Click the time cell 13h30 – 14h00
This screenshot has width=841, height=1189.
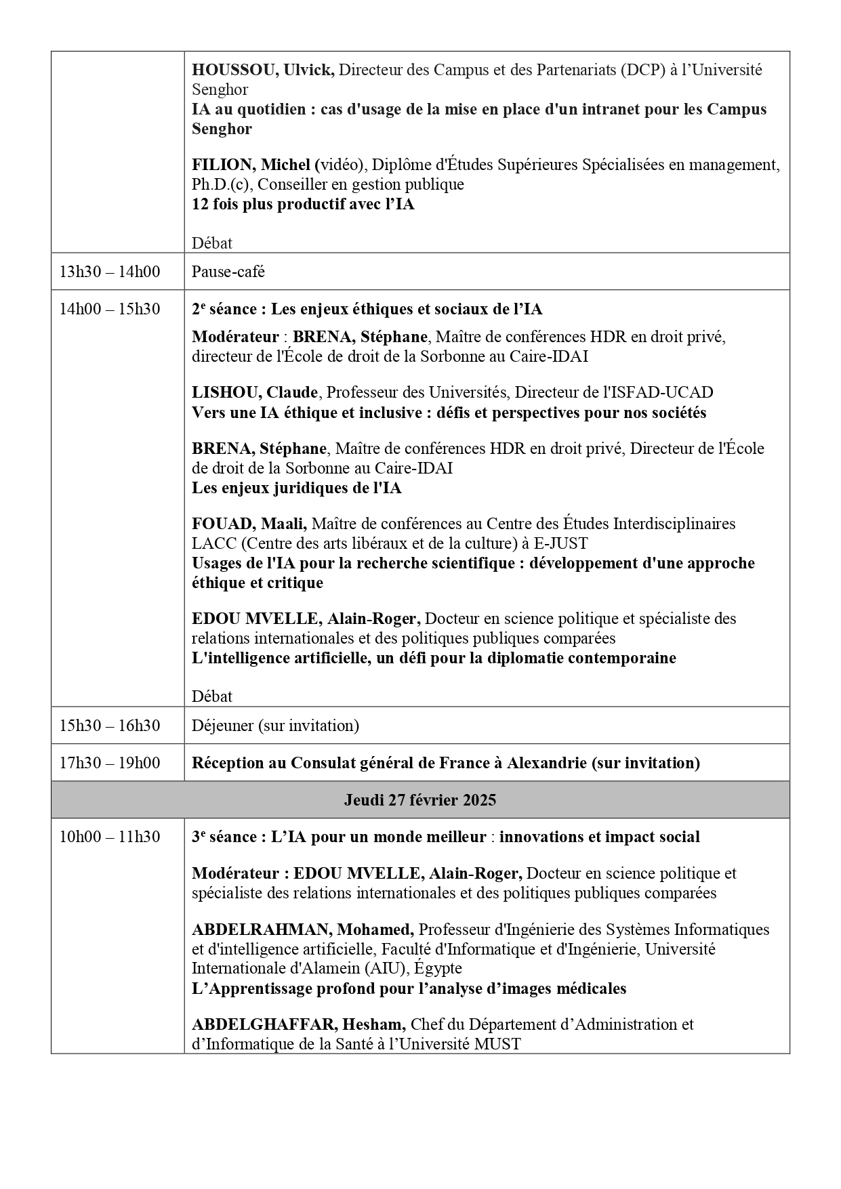[110, 272]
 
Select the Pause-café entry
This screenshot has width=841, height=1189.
[228, 272]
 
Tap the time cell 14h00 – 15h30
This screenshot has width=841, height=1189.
[110, 309]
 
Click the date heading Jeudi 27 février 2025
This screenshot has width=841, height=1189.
[419, 800]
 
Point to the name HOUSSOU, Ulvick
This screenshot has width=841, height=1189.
[263, 70]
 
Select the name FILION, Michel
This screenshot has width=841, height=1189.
[251, 165]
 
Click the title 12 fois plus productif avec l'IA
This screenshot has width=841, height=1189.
[303, 204]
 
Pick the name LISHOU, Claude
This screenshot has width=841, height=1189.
[255, 392]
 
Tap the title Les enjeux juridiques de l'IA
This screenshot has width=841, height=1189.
[296, 488]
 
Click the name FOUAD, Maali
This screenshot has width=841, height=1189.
[249, 524]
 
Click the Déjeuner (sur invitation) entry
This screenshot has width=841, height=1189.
[275, 726]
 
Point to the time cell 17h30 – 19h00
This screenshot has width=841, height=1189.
[110, 763]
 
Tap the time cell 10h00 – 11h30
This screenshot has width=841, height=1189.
[110, 837]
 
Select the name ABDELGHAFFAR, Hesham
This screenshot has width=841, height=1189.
[299, 1024]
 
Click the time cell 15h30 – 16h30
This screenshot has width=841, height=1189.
[110, 726]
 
